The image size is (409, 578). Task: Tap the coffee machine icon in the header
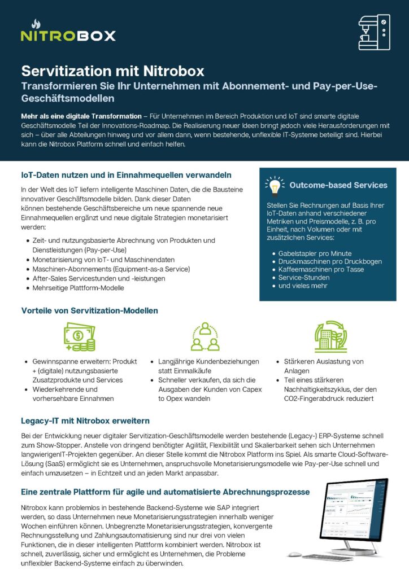click(374, 32)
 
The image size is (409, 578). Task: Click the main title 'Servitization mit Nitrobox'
click(112, 72)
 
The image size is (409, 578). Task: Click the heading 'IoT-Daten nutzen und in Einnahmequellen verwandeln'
click(126, 175)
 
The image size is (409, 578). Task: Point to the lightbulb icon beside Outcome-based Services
click(275, 185)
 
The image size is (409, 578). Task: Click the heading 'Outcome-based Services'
click(338, 185)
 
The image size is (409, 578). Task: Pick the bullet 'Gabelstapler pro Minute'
click(315, 253)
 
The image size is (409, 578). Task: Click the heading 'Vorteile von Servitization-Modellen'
click(89, 310)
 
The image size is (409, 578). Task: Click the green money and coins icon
click(79, 337)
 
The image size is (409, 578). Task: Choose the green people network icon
click(204, 337)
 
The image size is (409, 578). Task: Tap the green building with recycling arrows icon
click(330, 337)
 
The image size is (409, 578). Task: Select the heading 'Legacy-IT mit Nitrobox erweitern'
click(85, 421)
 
